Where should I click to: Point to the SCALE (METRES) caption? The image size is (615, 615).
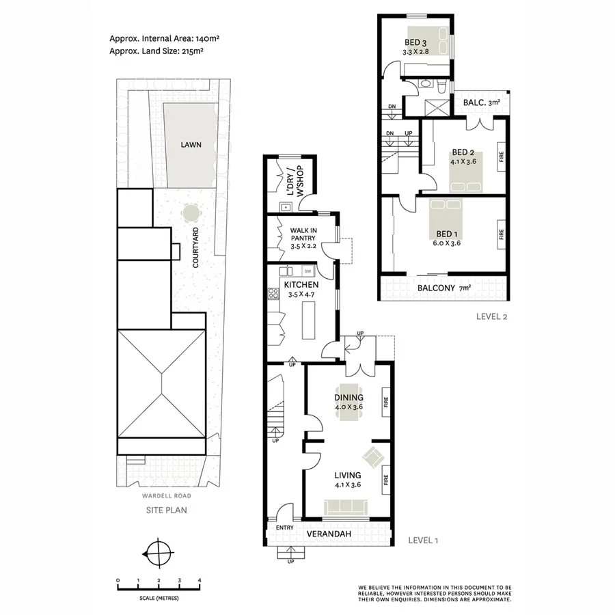coord(159,598)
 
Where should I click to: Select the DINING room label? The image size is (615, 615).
coord(348,398)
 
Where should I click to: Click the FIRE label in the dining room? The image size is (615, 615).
coord(385,403)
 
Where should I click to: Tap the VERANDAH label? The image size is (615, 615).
coord(333,533)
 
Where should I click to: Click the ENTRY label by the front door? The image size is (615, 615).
coord(284,528)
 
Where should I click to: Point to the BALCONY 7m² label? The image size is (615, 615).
coord(444,288)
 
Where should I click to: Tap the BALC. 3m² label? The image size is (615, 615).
coord(482,103)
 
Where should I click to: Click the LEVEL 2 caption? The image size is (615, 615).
coord(493,316)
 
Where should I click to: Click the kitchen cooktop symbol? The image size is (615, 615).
coord(273,294)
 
